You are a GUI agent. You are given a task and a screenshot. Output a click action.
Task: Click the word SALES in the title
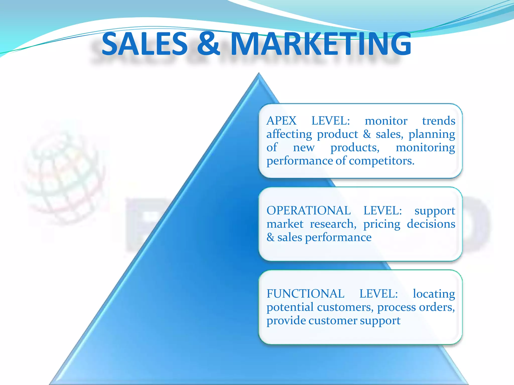click(145, 44)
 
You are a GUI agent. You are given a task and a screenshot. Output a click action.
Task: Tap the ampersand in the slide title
click(208, 44)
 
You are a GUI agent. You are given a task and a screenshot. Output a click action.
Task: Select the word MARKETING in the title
click(321, 44)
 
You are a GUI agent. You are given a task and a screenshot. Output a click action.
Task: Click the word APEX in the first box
click(281, 121)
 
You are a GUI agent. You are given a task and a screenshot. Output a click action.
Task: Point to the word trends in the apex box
click(438, 121)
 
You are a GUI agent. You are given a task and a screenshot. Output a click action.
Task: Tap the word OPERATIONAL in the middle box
click(308, 211)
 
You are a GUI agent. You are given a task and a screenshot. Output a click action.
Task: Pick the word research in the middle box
click(333, 224)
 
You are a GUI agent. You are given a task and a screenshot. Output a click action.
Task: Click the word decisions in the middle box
click(431, 224)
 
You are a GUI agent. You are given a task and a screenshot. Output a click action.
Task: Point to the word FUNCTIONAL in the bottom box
click(305, 294)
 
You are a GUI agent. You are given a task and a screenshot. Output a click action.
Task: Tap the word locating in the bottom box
click(434, 294)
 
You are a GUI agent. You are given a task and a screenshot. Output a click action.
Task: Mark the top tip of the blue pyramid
click(259, 74)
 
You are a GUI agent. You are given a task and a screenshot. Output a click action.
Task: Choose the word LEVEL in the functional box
click(378, 294)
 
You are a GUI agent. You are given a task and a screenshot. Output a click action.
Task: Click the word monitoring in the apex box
click(425, 148)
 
